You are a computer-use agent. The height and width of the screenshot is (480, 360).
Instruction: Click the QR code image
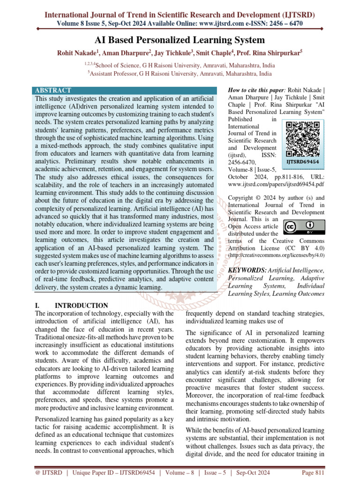click(x=304, y=139)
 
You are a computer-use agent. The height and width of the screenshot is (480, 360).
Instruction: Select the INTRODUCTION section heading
click(x=82, y=306)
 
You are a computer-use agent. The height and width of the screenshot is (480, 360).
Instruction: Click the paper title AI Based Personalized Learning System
click(x=180, y=40)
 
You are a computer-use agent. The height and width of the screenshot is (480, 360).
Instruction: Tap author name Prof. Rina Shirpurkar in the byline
click(x=269, y=53)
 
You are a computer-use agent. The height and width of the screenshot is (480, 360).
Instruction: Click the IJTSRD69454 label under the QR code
click(x=304, y=161)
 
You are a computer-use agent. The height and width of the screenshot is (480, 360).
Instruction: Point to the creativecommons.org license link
click(x=276, y=255)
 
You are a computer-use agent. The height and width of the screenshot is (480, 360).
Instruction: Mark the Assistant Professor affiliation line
click(x=180, y=74)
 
